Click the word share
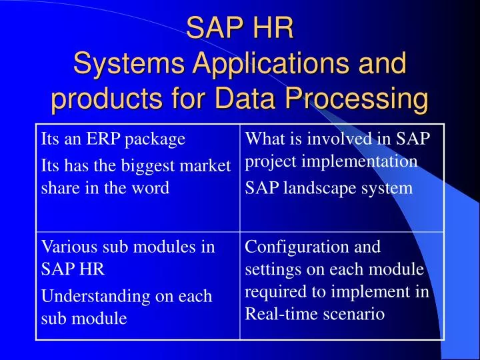(x=58, y=187)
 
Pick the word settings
(x=271, y=270)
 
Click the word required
(x=271, y=291)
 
